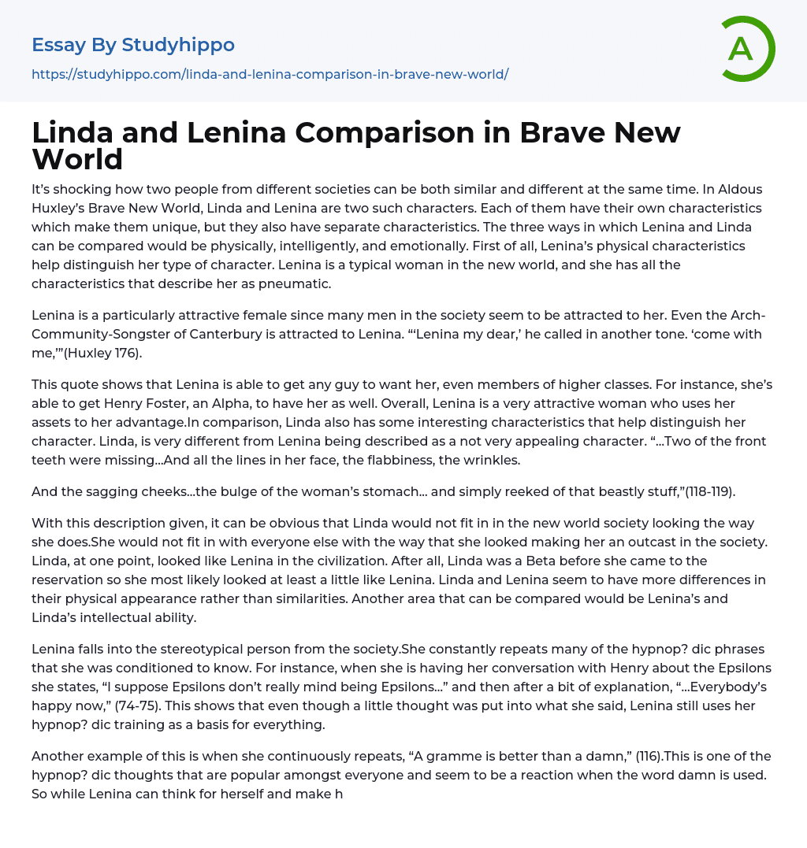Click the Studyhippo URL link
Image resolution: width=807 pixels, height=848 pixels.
(270, 74)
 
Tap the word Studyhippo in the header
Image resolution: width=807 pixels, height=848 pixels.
(178, 45)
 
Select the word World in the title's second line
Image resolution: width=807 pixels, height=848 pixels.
(77, 159)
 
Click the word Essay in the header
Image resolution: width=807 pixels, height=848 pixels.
(59, 45)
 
